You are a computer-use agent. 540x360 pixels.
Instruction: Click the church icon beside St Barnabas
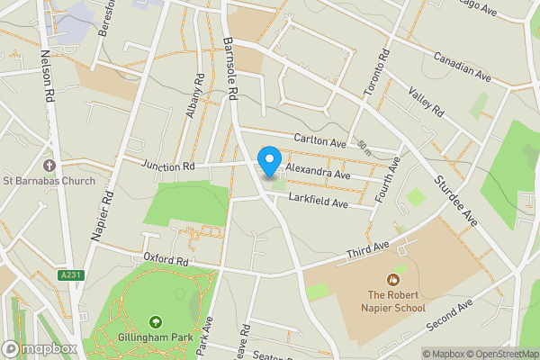coord(49,166)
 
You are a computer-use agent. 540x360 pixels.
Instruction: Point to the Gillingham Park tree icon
coord(156,321)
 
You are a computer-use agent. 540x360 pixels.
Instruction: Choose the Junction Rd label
coord(168,166)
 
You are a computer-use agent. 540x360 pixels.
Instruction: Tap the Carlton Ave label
coord(319,142)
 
